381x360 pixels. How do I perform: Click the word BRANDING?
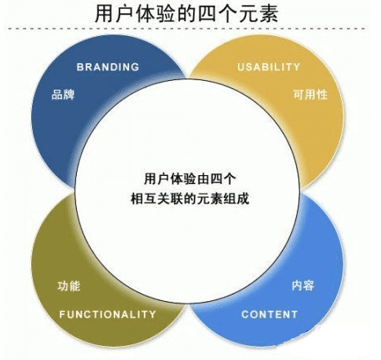click(x=108, y=67)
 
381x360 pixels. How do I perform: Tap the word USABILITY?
click(x=269, y=67)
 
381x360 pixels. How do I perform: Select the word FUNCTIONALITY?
click(x=108, y=314)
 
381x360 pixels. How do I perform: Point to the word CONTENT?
click(x=270, y=314)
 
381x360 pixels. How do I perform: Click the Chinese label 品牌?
click(x=63, y=95)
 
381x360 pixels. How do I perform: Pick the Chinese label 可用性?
click(x=311, y=94)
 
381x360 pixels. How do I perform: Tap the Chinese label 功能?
click(x=69, y=286)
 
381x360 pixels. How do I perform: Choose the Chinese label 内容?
click(x=303, y=286)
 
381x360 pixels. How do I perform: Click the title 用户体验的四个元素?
click(x=186, y=14)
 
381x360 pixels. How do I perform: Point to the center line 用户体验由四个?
click(x=190, y=179)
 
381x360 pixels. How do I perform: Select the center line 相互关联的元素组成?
click(x=190, y=198)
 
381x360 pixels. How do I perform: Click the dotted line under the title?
click(x=186, y=29)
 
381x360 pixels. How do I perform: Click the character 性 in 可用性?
click(x=322, y=94)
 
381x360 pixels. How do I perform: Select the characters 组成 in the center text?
click(x=236, y=198)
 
